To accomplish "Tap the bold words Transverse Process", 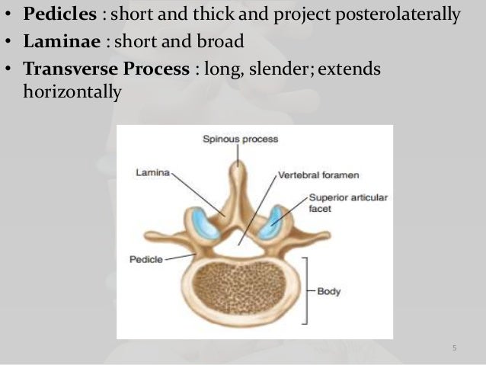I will (106, 69).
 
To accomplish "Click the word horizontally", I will (73, 92).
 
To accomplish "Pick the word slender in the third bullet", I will (271, 69).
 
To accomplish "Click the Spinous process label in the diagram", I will (240, 139).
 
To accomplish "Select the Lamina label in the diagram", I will (153, 172).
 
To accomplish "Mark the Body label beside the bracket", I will (328, 290).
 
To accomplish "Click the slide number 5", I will (454, 349).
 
